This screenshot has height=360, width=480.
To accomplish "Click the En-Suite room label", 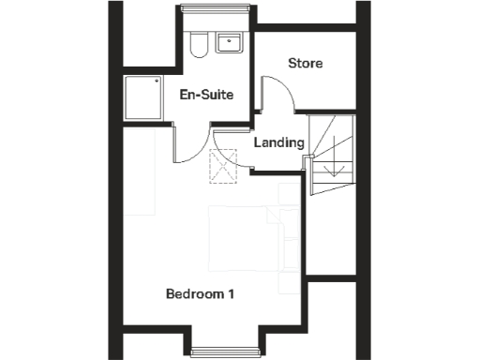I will (206, 95).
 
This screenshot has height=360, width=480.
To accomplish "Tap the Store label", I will (305, 64).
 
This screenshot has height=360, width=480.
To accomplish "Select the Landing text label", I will (279, 143).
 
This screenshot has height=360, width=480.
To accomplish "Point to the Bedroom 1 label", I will (200, 294).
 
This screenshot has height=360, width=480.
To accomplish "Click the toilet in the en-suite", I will (196, 44).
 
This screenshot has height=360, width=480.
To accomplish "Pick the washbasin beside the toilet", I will (228, 43).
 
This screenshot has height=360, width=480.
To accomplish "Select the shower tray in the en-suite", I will (145, 97).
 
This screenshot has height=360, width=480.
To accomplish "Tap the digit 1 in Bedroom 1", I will (231, 294).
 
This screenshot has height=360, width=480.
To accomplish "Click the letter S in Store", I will (291, 64).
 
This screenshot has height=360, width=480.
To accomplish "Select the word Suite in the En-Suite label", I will (217, 95).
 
